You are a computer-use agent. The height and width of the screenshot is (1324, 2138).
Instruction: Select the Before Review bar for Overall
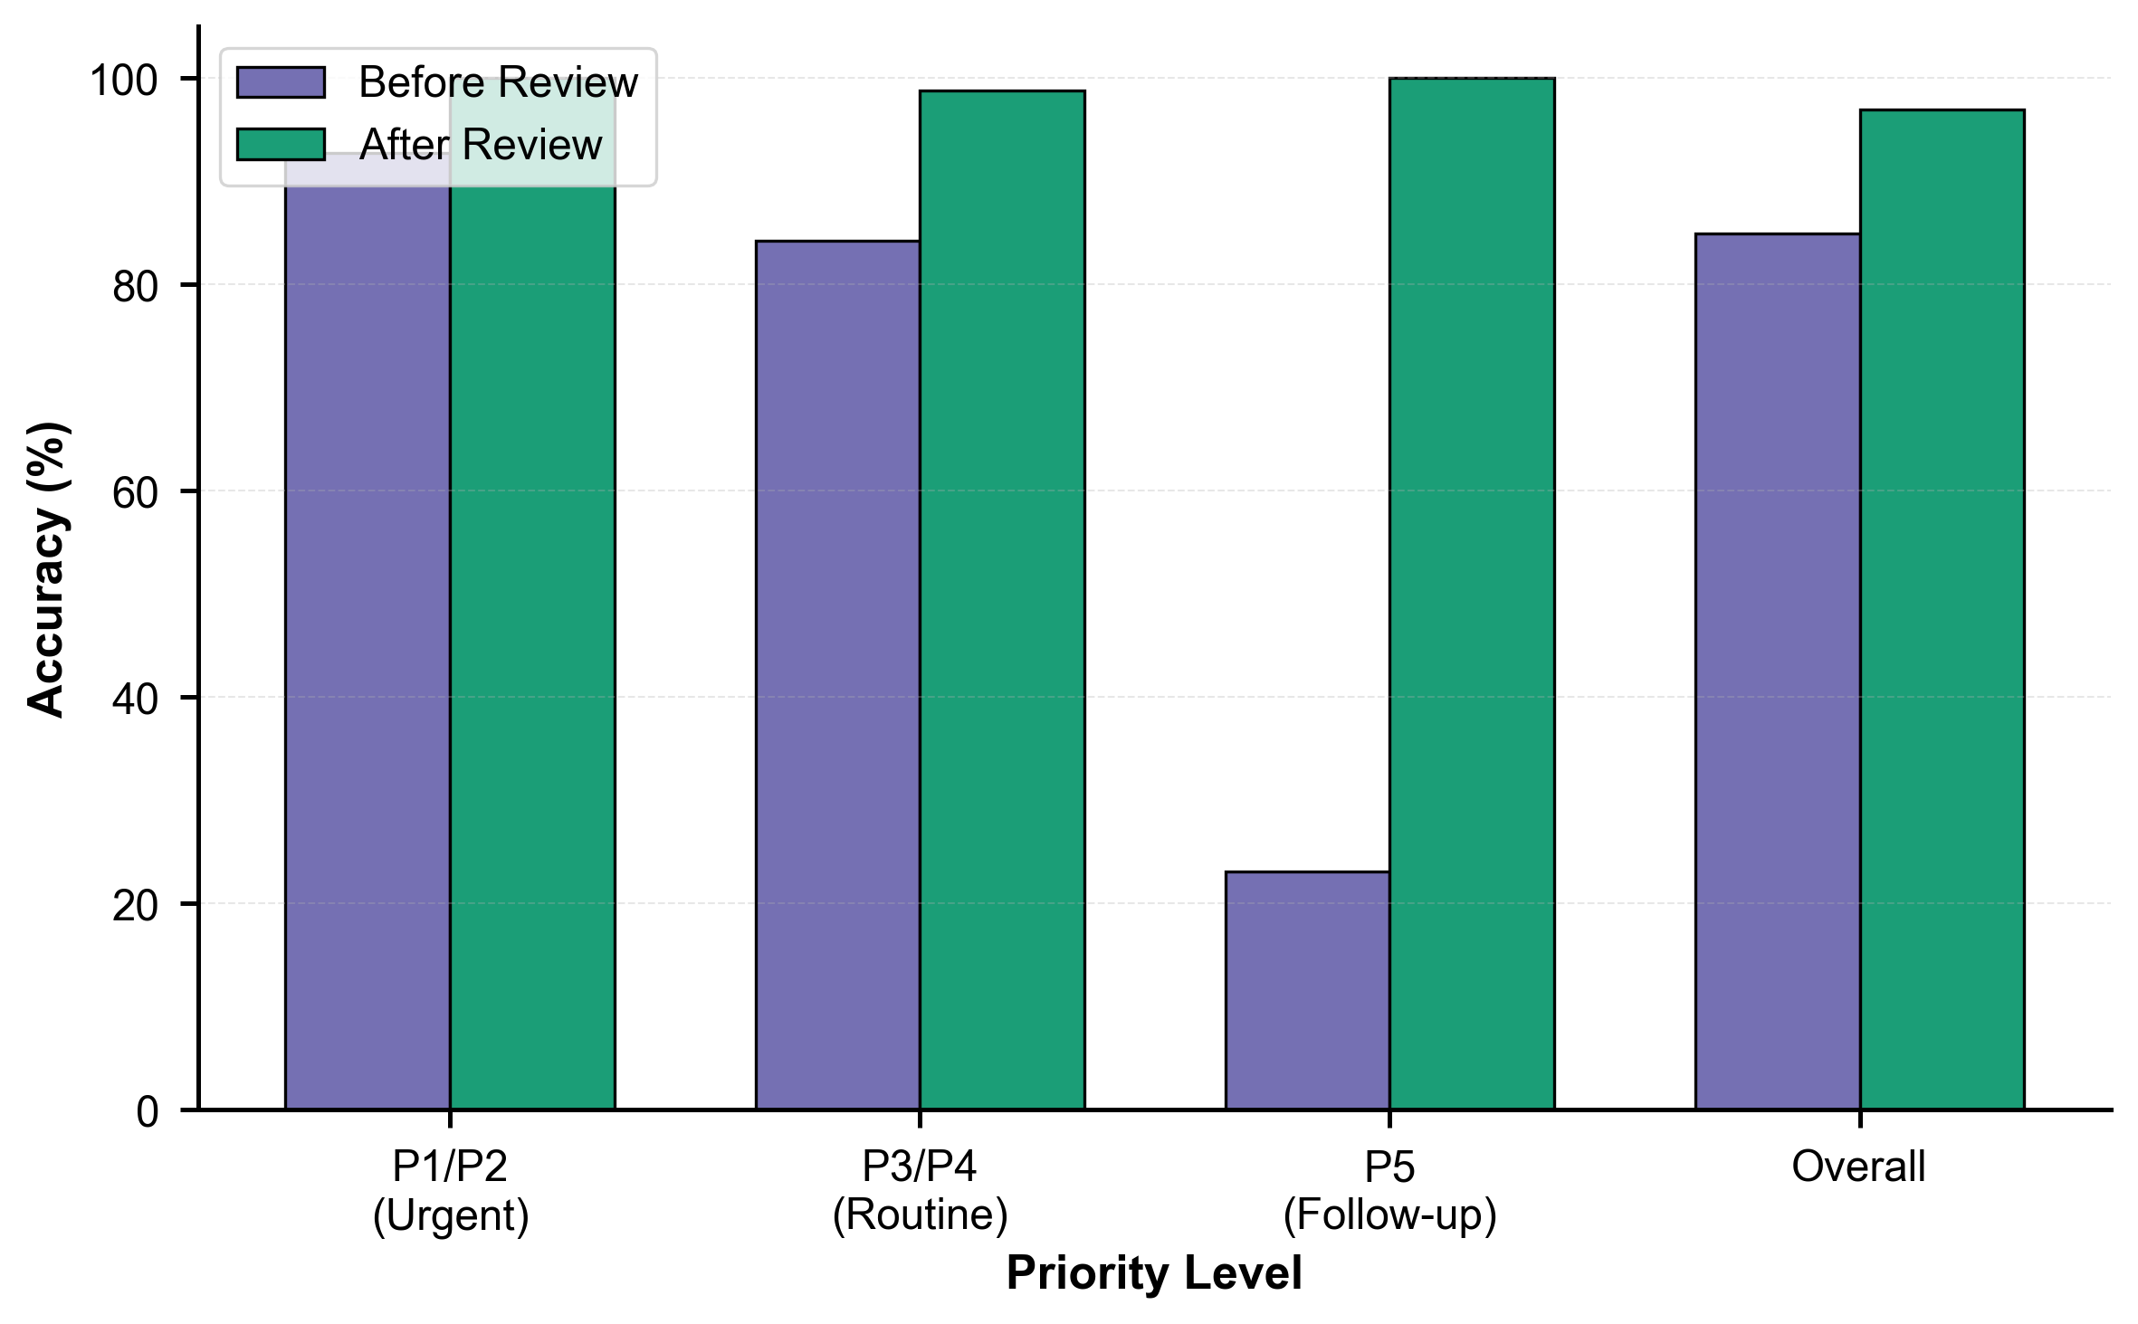pos(1777,671)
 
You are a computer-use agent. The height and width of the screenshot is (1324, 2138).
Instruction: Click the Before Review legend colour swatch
pos(281,82)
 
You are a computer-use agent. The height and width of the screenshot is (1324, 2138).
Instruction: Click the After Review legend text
pos(481,145)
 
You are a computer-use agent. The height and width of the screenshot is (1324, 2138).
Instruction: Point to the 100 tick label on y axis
pos(123,81)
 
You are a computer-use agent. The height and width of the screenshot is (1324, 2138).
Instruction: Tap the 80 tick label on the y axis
pos(135,287)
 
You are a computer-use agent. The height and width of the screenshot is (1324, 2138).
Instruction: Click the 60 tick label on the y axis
pos(135,493)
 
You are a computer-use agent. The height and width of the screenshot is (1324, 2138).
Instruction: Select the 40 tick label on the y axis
pos(135,700)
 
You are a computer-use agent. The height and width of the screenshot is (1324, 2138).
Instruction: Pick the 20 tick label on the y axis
pos(135,906)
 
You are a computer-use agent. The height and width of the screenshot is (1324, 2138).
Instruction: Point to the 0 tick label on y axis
pos(147,1111)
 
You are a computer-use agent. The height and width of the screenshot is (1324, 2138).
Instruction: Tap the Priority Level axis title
pos(1154,1273)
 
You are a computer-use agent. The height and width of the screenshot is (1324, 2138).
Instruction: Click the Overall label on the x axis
pos(1858,1167)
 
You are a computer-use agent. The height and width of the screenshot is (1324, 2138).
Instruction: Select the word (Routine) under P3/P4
pos(920,1214)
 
